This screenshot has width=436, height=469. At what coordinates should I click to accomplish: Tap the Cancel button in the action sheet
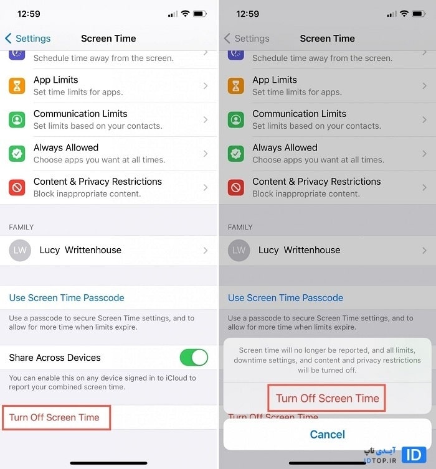pyautogui.click(x=327, y=434)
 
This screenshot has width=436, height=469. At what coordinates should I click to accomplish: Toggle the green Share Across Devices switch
pyautogui.click(x=194, y=358)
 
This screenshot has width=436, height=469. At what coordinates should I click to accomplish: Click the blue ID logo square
pyautogui.click(x=414, y=455)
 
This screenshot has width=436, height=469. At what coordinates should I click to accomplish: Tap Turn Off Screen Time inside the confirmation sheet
pyautogui.click(x=327, y=398)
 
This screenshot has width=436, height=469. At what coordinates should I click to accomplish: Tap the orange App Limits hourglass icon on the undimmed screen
pyautogui.click(x=17, y=86)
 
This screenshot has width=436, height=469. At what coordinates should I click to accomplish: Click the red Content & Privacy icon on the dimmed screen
pyautogui.click(x=236, y=188)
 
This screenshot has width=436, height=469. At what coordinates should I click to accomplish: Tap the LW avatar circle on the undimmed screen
pyautogui.click(x=20, y=250)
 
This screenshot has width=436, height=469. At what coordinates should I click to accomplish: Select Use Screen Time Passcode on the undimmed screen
pyautogui.click(x=67, y=297)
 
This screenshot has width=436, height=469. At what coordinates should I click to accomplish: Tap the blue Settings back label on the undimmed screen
pyautogui.click(x=33, y=39)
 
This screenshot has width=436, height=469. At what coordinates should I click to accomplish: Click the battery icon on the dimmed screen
pyautogui.click(x=419, y=14)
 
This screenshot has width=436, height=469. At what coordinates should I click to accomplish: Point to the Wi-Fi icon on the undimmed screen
pyautogui.click(x=186, y=14)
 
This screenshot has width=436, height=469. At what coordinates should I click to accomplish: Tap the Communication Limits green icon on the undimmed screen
pyautogui.click(x=17, y=119)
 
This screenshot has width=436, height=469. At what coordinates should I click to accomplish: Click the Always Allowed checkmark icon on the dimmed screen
pyautogui.click(x=236, y=154)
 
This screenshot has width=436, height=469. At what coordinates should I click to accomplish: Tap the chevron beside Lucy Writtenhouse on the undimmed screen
pyautogui.click(x=206, y=250)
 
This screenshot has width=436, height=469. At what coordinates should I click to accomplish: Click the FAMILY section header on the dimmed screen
pyautogui.click(x=240, y=227)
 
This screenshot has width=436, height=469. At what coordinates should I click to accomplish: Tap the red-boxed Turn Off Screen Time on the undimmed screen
pyautogui.click(x=54, y=417)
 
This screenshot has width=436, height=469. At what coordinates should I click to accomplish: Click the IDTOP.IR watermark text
pyautogui.click(x=381, y=460)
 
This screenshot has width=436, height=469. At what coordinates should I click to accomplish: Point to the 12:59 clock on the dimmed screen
pyautogui.click(x=248, y=14)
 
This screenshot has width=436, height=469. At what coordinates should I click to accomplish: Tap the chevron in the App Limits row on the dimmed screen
pyautogui.click(x=424, y=86)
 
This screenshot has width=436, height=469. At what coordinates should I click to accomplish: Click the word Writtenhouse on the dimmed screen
pyautogui.click(x=312, y=250)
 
